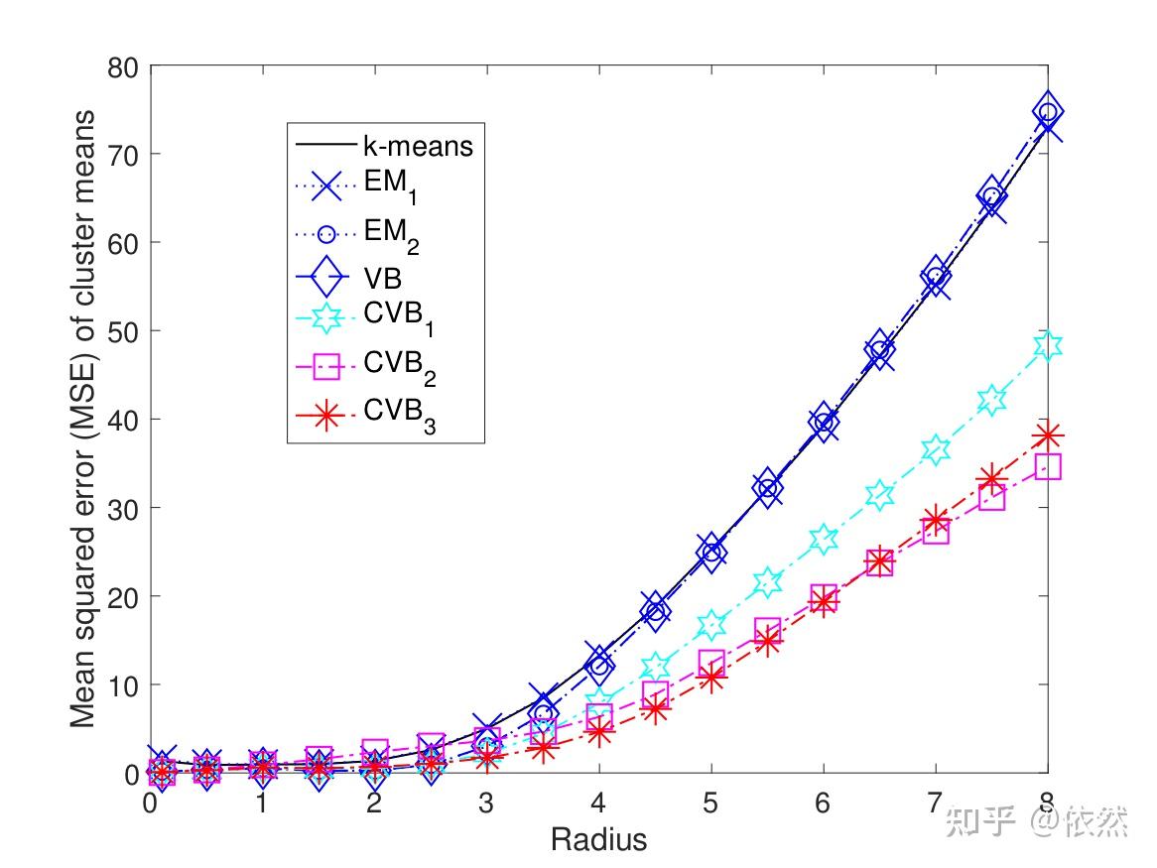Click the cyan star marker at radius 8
pyautogui.click(x=1048, y=345)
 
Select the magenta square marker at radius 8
pyautogui.click(x=1048, y=466)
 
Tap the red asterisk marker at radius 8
pyautogui.click(x=1048, y=435)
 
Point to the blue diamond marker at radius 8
pyautogui.click(x=1048, y=111)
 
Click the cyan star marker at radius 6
pyautogui.click(x=824, y=540)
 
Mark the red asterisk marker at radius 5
pyautogui.click(x=711, y=678)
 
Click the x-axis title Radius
pyautogui.click(x=598, y=840)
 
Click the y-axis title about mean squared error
pyautogui.click(x=83, y=419)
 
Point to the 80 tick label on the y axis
pyautogui.click(x=124, y=66)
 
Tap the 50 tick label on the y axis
pyautogui.click(x=124, y=331)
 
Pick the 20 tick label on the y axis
pyautogui.click(x=124, y=596)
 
